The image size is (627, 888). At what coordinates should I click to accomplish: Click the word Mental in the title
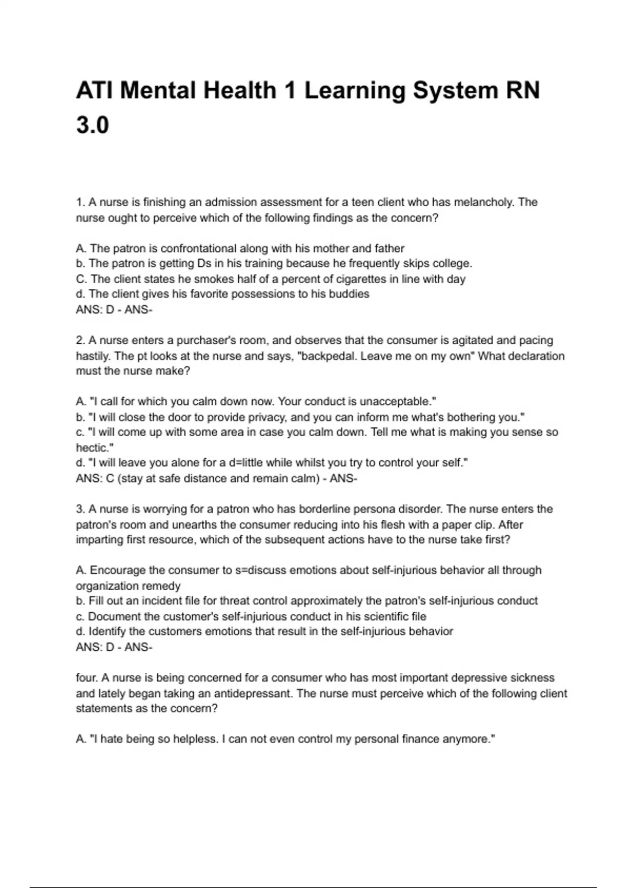point(157,91)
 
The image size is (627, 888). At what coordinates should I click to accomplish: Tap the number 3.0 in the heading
point(92,126)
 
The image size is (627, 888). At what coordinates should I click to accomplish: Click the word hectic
point(94,448)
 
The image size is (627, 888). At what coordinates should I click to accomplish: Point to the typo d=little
point(246,463)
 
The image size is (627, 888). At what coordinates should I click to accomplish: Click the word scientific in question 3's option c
point(373,616)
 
